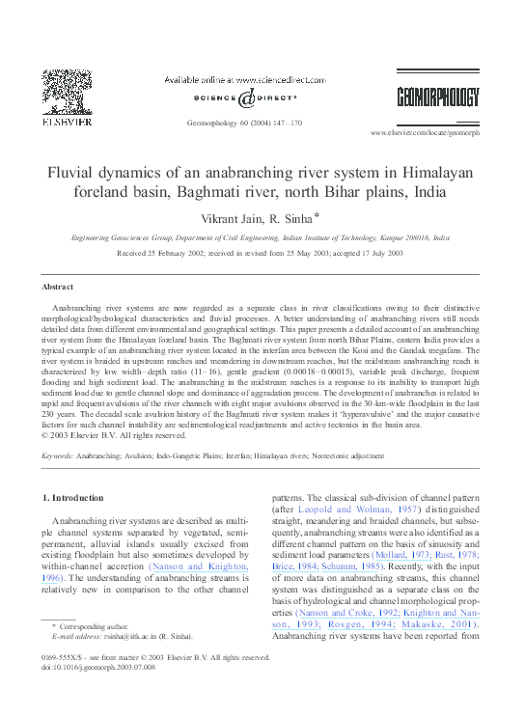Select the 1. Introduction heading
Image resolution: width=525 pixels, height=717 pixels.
(x=74, y=498)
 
